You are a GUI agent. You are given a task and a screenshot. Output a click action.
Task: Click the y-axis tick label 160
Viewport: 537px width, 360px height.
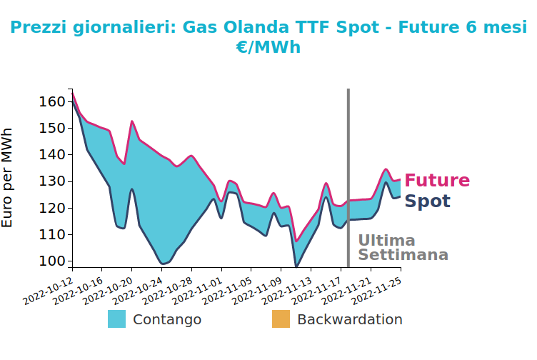[52, 101]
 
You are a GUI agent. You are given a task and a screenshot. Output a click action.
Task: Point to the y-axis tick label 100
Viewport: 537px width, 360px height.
[52, 261]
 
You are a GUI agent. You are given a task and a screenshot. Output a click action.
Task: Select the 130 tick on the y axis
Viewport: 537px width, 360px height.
[52, 181]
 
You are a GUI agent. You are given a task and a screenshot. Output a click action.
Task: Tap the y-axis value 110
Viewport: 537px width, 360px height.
[52, 234]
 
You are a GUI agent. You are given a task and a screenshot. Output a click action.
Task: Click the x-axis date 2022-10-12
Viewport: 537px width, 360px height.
[48, 291]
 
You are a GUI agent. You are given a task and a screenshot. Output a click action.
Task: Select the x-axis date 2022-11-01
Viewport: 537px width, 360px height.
[197, 291]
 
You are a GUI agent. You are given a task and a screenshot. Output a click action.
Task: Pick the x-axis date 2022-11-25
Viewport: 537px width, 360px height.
[377, 291]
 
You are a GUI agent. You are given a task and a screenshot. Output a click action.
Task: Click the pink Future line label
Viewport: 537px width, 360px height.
[437, 180]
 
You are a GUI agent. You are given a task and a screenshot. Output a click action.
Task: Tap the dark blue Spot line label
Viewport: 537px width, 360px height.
[428, 201]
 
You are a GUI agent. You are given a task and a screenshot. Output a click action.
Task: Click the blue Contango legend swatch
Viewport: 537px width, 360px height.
[117, 319]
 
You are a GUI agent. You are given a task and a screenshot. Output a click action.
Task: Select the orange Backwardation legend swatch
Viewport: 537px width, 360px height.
[281, 319]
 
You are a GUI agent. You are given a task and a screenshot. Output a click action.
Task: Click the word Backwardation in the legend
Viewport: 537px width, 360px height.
[350, 319]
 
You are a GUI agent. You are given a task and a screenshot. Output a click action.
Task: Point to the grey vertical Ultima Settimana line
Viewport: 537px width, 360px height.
[348, 178]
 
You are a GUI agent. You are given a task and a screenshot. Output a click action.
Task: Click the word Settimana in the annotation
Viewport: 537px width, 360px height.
[403, 255]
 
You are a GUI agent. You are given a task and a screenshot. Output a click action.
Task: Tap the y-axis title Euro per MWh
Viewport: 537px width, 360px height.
[7, 178]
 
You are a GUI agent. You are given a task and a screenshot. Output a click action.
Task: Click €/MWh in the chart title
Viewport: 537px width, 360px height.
[268, 47]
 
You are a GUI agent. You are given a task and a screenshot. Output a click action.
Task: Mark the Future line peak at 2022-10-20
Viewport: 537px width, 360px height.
[132, 121]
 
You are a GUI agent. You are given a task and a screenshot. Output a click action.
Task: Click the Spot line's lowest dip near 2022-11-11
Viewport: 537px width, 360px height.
[296, 266]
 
